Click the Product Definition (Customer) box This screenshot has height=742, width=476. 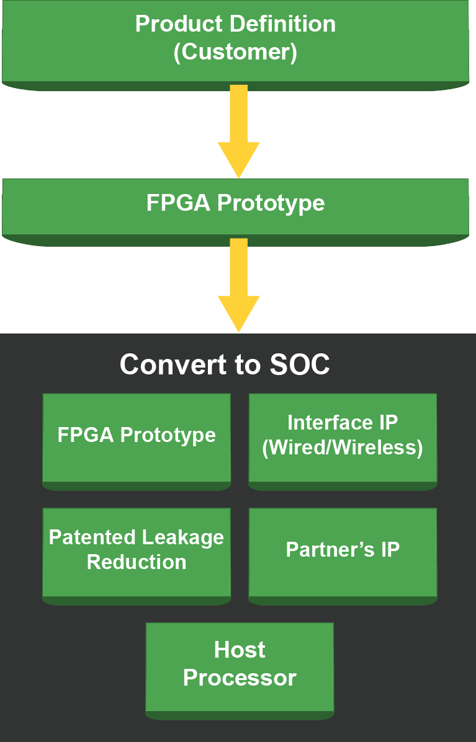click(236, 40)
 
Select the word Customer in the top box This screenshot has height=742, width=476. click(235, 52)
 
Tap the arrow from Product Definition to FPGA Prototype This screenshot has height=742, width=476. click(238, 130)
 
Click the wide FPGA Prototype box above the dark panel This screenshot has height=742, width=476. click(236, 208)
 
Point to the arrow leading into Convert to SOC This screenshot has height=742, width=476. click(238, 285)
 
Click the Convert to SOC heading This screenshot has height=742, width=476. click(225, 364)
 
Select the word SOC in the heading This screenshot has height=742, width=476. click(300, 364)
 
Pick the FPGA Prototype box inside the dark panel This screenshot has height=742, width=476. click(137, 438)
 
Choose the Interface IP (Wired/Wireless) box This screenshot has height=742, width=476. click(343, 438)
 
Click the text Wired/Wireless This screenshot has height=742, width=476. click(343, 448)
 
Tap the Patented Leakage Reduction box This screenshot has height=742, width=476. click(137, 552)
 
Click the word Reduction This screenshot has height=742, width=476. click(137, 562)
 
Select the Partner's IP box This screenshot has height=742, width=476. click(343, 552)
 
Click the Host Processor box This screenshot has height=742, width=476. click(240, 667)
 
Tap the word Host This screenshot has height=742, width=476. click(240, 650)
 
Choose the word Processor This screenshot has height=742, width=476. click(240, 678)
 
